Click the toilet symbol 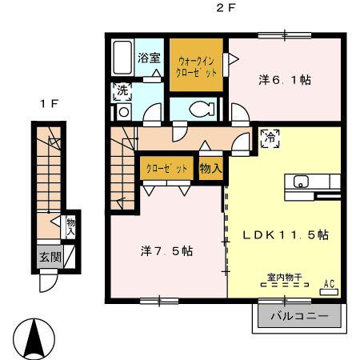pos(202,109)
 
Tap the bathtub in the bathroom pos(122,58)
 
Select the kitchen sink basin pos(301,182)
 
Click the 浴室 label pos(149,58)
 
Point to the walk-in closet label pos(196,67)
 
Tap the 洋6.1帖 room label pos(285,80)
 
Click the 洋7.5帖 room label pos(167,251)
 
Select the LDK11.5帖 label pos(286,235)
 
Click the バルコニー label pos(299,316)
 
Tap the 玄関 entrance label pos(50,257)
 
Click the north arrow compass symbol pos(34,338)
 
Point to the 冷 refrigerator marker pos(270,138)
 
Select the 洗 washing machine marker pos(122,91)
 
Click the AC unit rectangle pos(329,292)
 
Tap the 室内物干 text pos(285,278)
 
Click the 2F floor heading pos(226,8)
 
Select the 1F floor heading pos(50,104)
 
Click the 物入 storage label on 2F pos(211,169)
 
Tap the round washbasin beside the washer pos(123,112)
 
